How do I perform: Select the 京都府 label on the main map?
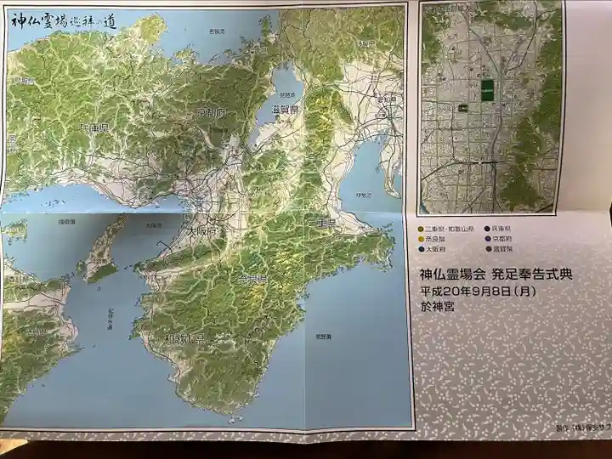211,112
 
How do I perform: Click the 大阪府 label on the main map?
202,230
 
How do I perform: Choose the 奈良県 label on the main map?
252,279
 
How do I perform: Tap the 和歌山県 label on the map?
186,338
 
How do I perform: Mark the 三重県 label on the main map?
324,224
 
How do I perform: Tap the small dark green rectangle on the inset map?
463,108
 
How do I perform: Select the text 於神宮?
437,307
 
